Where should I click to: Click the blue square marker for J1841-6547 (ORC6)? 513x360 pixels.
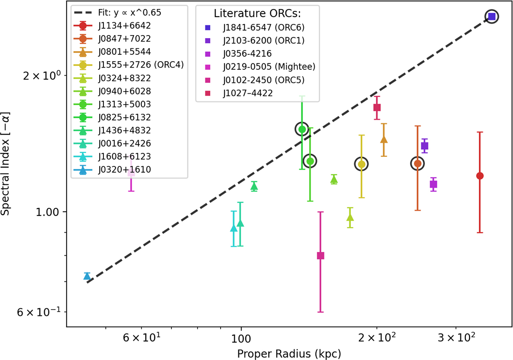492,17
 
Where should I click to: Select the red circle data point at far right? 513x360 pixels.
480,176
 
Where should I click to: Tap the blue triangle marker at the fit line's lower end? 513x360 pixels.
87,276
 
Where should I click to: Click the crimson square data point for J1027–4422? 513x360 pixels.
377,107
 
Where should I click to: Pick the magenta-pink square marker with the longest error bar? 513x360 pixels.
321,256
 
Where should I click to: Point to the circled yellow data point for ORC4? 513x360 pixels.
361,164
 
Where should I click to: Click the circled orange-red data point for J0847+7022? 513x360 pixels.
418,163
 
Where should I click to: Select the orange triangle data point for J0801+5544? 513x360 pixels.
384,139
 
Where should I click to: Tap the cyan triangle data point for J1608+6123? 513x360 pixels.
233,228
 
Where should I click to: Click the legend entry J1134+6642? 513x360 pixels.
124,26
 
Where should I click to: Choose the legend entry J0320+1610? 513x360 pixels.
124,170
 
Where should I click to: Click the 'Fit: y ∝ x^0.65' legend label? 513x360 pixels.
130,12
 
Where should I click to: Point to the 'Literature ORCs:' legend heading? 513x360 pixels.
257,14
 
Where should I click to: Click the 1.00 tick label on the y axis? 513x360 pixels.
47,212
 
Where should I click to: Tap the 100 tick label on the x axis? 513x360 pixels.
241,339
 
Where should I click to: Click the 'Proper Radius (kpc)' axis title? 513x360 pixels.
289,354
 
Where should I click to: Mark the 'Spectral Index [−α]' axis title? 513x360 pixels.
5,163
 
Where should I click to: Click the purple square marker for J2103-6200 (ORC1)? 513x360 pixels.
425,146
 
